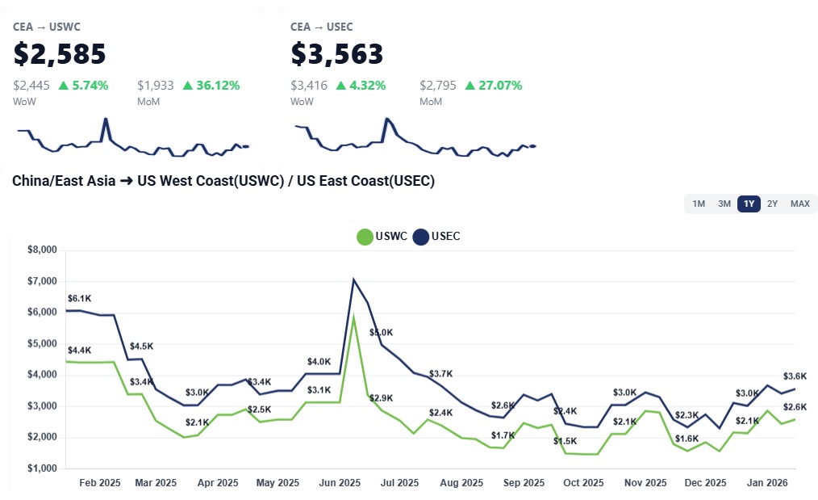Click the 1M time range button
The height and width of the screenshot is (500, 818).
pos(699,204)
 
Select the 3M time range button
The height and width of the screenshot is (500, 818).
pos(724,204)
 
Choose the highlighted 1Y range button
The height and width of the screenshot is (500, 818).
pos(749,204)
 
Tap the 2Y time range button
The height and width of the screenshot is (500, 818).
pos(773,204)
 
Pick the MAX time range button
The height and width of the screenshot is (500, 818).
pos(800,204)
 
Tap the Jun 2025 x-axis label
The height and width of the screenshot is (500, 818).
pos(340,483)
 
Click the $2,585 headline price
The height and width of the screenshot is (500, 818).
pos(60,54)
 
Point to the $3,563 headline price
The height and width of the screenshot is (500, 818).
pos(337,54)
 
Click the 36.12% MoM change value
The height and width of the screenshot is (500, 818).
pos(211,86)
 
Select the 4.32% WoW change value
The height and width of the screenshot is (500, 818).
pos(361,86)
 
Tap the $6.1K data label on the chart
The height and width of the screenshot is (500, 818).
pos(79,299)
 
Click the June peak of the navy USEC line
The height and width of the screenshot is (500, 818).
pos(353,279)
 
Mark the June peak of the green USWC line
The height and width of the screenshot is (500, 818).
pos(353,317)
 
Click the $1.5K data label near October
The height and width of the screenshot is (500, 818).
pos(565,441)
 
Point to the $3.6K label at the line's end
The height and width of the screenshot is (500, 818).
pos(795,376)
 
